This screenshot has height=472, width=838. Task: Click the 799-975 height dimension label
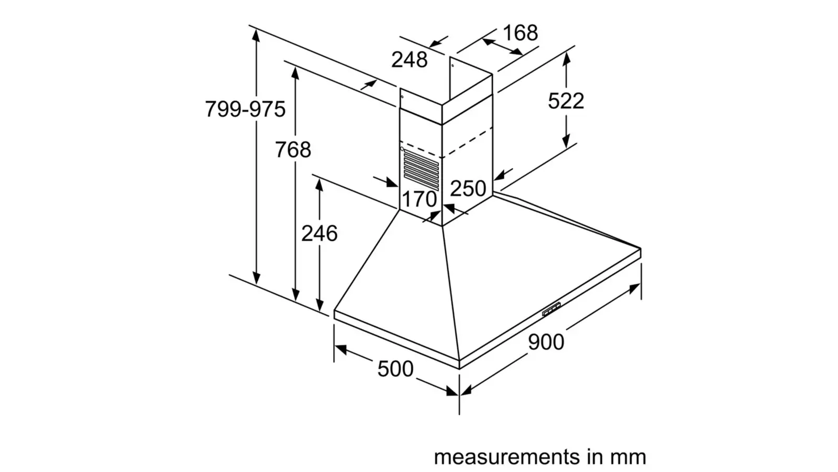[245, 109]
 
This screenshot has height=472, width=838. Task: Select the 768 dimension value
[293, 149]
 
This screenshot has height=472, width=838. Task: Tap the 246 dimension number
[319, 233]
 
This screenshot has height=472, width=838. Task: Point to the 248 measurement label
[409, 60]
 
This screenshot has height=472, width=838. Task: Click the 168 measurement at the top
[520, 33]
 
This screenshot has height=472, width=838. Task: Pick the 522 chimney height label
[566, 101]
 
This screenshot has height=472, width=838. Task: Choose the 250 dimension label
[468, 188]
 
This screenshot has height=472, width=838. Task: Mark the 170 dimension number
[419, 199]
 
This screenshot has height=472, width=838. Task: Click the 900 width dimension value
[546, 342]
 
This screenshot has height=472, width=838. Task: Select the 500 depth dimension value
[395, 369]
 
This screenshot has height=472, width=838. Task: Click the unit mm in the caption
[627, 457]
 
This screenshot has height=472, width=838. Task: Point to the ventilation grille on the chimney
[421, 169]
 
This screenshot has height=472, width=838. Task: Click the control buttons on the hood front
[551, 310]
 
